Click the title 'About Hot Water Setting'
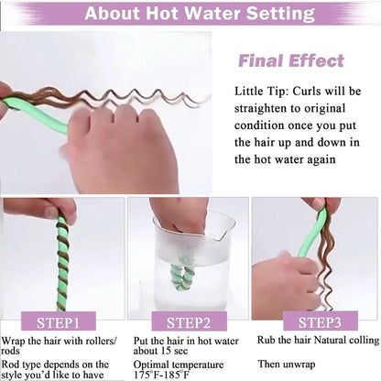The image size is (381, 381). click(200, 14)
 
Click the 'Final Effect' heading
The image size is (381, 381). click(291, 60)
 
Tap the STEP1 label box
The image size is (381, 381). click(59, 322)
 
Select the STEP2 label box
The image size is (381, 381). click(189, 322)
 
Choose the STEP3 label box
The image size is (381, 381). click(321, 321)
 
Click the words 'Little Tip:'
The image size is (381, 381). click(261, 92)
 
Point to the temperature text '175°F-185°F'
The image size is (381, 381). click(161, 375)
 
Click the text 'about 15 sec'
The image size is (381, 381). click(160, 351)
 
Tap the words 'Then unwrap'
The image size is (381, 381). click(287, 364)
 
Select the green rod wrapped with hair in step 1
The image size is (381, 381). click(62, 263)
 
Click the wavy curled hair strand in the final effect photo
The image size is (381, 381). click(122, 95)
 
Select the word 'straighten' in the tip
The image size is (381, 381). click(260, 109)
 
